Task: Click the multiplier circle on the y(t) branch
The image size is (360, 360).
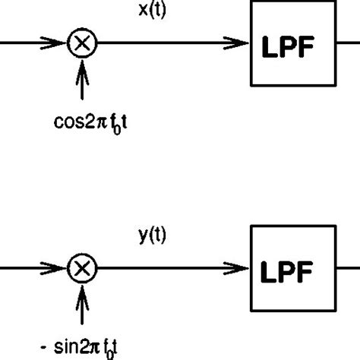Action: [81, 268]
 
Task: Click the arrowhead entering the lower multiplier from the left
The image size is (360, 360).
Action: [61, 268]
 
